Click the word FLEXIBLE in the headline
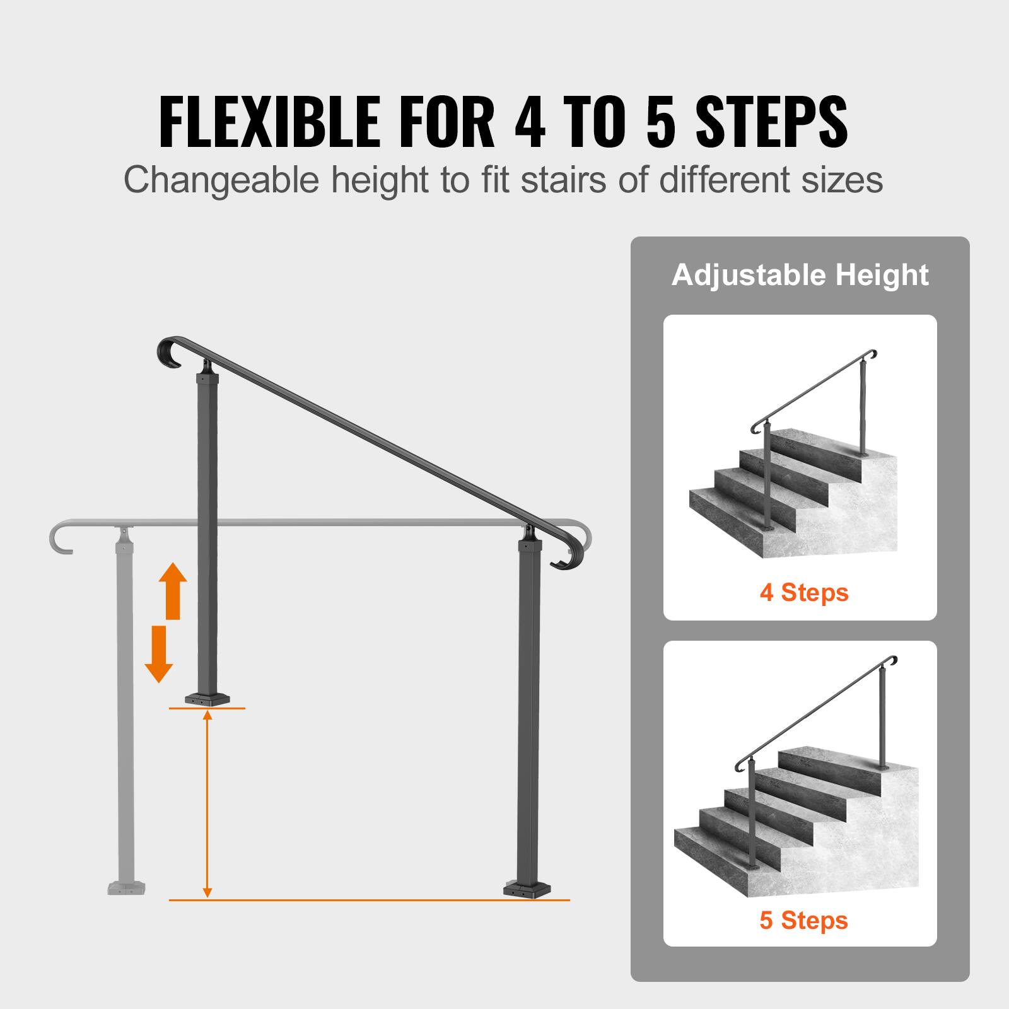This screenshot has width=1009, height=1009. click(270, 121)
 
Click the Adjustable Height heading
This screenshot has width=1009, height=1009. click(800, 275)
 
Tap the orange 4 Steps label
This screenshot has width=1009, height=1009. click(804, 593)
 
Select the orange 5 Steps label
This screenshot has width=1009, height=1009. click(803, 920)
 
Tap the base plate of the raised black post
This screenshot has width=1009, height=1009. click(207, 699)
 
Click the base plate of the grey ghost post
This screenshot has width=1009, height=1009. click(128, 888)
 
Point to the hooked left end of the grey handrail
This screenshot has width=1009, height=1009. click(59, 540)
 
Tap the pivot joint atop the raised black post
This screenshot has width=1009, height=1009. click(207, 368)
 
